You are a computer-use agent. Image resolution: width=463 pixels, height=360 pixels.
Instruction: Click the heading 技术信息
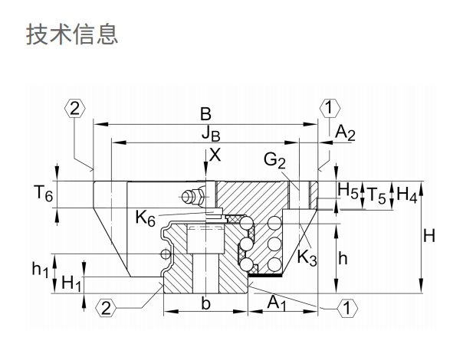pyautogui.click(x=72, y=34)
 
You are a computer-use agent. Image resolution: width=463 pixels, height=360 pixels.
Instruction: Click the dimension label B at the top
pyautogui.click(x=205, y=113)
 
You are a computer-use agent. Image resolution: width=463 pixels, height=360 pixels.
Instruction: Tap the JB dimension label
pyautogui.click(x=212, y=135)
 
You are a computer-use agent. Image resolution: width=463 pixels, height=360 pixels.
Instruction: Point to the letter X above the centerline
pyautogui.click(x=215, y=154)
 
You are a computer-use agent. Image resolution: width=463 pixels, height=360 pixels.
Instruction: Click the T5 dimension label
pyautogui.click(x=375, y=195)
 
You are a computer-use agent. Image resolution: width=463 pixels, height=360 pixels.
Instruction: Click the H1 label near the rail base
pyautogui.click(x=71, y=283)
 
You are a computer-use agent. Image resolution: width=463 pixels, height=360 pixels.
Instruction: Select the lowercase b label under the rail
pyautogui.click(x=205, y=303)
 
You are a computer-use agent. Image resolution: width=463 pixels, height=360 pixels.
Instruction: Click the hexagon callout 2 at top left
pyautogui.click(x=74, y=108)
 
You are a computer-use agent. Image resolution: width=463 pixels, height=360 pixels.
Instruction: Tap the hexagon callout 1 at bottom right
pyautogui.click(x=346, y=309)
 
